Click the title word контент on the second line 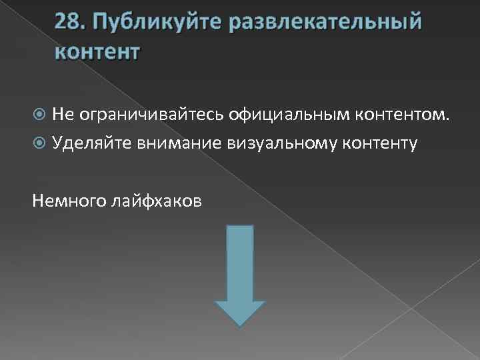point(98,51)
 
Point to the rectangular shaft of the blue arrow point(240,263)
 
